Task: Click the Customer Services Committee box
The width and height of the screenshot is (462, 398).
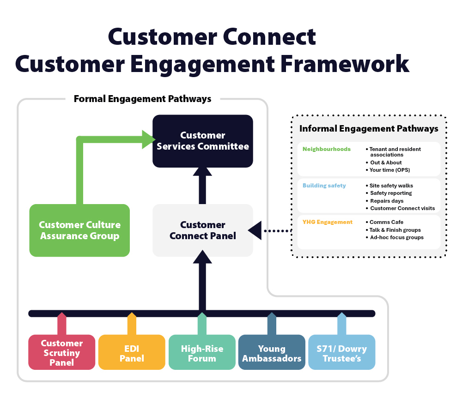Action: tap(203, 141)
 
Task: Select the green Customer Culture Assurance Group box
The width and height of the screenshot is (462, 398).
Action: tap(79, 230)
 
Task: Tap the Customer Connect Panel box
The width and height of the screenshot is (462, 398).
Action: tap(203, 230)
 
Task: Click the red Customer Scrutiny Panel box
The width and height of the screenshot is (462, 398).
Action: tap(61, 353)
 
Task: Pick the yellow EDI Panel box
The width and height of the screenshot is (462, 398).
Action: tap(132, 353)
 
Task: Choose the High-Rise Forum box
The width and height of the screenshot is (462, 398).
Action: tap(202, 353)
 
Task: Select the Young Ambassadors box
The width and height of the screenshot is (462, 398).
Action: tap(272, 353)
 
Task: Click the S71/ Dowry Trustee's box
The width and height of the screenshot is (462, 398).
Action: tap(341, 353)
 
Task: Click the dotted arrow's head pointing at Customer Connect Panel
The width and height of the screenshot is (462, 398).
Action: tap(255, 230)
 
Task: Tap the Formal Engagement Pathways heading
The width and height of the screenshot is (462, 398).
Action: tap(142, 99)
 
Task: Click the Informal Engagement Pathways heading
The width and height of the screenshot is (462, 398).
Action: tap(369, 129)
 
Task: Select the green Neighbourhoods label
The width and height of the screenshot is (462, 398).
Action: tap(326, 149)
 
